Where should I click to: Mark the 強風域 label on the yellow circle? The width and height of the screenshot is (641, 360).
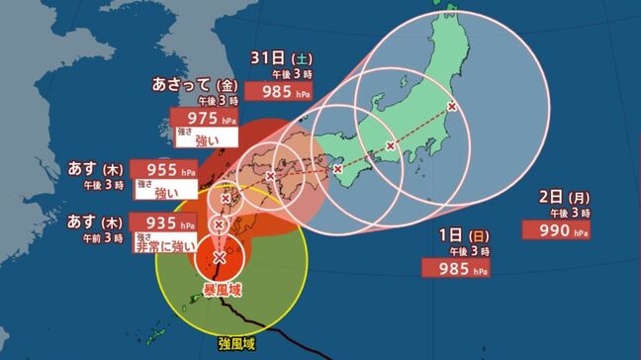pos(238,345)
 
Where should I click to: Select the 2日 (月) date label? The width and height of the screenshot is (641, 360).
pos(562,198)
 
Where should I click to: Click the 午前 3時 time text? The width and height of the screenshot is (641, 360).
pos(105,237)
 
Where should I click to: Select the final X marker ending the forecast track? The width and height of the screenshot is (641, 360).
pos(453,105)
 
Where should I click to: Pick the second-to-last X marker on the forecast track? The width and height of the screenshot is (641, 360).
pos(391,146)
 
